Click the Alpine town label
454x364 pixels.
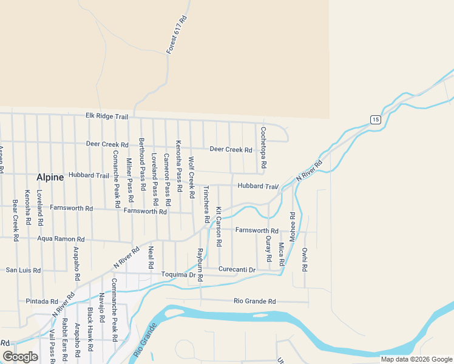tap(50, 177)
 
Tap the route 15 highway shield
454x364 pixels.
tap(376, 119)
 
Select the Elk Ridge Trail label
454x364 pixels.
tap(107, 116)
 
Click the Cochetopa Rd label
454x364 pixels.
tap(263, 147)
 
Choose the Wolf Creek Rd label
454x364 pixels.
tap(191, 178)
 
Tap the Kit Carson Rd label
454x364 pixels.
tap(219, 226)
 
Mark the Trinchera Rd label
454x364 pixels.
tap(206, 204)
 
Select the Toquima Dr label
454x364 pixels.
tap(181, 275)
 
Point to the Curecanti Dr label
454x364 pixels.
tap(237, 269)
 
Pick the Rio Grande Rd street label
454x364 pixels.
tap(255, 301)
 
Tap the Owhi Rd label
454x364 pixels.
tap(305, 259)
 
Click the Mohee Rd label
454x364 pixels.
tap(292, 227)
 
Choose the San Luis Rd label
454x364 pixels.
tap(23, 270)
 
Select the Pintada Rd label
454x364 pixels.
tap(41, 301)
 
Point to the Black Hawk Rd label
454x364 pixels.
tap(90, 330)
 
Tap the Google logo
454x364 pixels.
tap(21, 357)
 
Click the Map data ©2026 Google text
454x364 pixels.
tap(416, 359)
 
